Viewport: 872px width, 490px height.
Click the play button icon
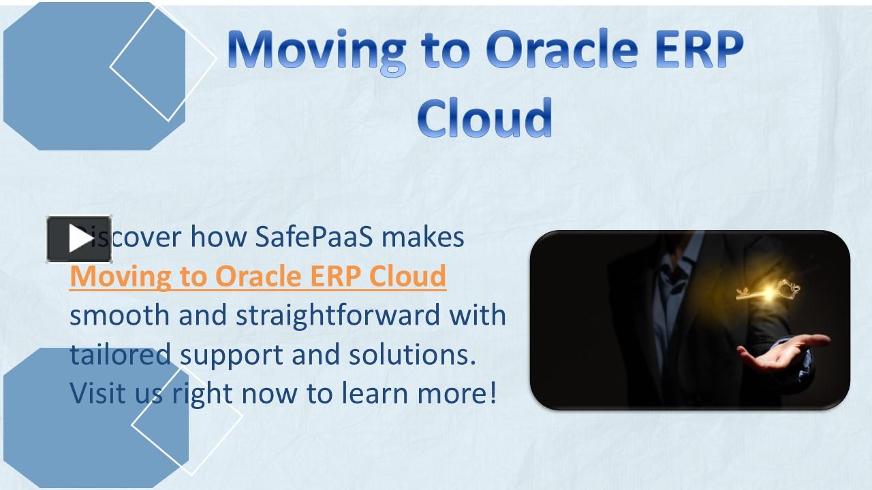pyautogui.click(x=79, y=239)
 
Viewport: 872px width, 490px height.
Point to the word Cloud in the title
pyautogui.click(x=484, y=117)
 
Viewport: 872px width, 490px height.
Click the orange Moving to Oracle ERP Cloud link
pyautogui.click(x=258, y=276)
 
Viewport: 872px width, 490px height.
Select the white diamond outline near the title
pyautogui.click(x=163, y=63)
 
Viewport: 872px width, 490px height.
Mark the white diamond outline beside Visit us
pyautogui.click(x=187, y=422)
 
